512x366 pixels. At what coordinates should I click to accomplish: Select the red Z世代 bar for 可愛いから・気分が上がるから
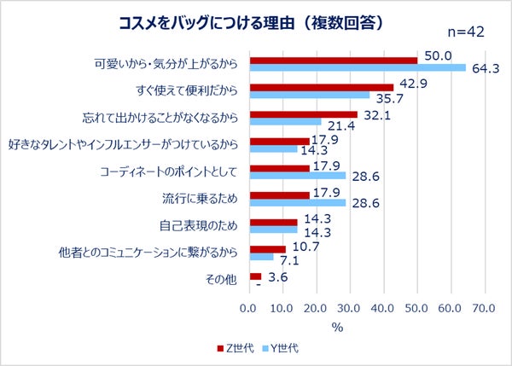click(x=334, y=60)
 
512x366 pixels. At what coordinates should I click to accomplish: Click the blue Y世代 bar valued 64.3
click(x=358, y=67)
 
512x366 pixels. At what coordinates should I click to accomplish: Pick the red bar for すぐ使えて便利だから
click(x=322, y=87)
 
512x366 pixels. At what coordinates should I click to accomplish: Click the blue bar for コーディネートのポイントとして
click(x=297, y=176)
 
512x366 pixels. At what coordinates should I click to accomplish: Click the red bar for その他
click(x=255, y=276)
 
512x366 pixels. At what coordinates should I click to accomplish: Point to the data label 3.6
click(x=277, y=277)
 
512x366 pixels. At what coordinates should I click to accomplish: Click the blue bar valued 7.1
click(x=261, y=257)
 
